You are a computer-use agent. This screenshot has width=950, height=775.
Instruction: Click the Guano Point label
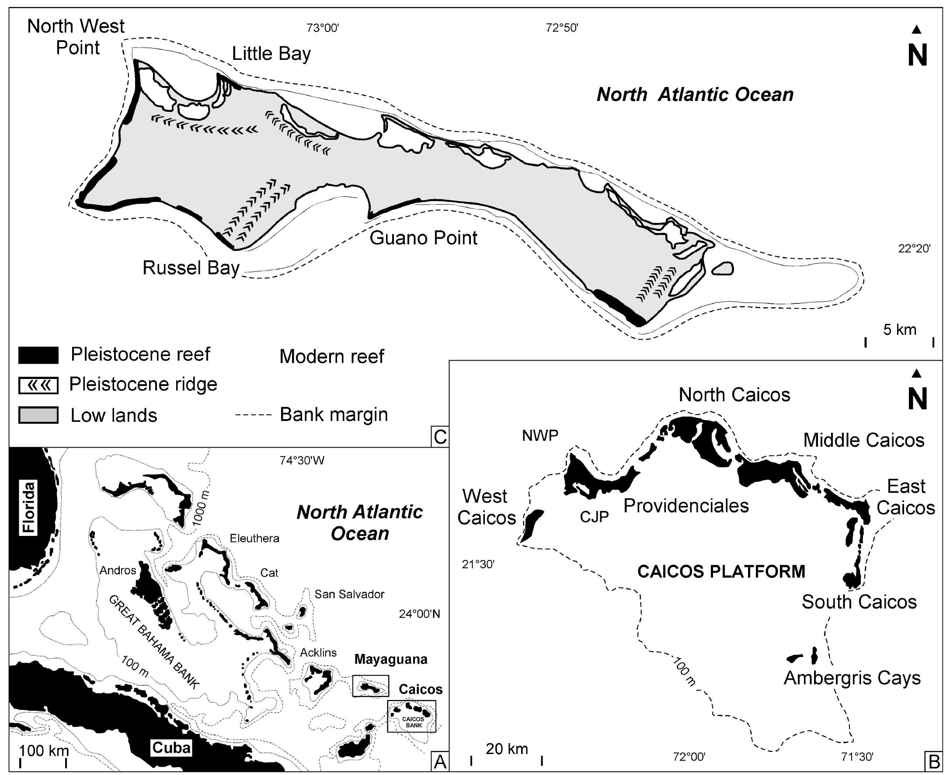(x=423, y=238)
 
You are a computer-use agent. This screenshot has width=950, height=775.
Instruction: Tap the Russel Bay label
(x=191, y=268)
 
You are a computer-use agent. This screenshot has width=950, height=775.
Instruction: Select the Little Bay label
(x=271, y=54)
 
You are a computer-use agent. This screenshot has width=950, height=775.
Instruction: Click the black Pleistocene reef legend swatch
(x=38, y=355)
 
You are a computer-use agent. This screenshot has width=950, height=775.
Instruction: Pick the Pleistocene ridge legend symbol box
(x=38, y=385)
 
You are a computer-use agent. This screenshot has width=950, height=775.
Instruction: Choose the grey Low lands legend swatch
(x=38, y=415)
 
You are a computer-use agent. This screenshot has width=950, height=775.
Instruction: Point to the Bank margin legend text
(x=334, y=415)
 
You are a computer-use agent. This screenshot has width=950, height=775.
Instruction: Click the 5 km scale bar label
(x=900, y=330)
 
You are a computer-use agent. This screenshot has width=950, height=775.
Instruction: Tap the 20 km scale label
(x=507, y=749)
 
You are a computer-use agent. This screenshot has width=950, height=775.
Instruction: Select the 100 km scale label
(x=44, y=751)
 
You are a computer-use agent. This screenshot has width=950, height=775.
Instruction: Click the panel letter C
(x=440, y=437)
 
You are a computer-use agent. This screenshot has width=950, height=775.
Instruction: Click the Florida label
(x=29, y=507)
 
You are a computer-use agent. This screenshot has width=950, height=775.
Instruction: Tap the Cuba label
(x=171, y=747)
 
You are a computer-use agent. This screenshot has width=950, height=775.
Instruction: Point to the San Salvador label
(x=349, y=594)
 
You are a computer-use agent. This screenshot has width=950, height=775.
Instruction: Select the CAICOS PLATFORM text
(x=721, y=572)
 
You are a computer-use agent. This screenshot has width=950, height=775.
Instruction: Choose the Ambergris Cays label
(x=852, y=678)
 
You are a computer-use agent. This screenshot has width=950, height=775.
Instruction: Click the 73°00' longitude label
(x=323, y=28)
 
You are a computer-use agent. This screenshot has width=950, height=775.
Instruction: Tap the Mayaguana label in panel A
(x=391, y=659)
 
